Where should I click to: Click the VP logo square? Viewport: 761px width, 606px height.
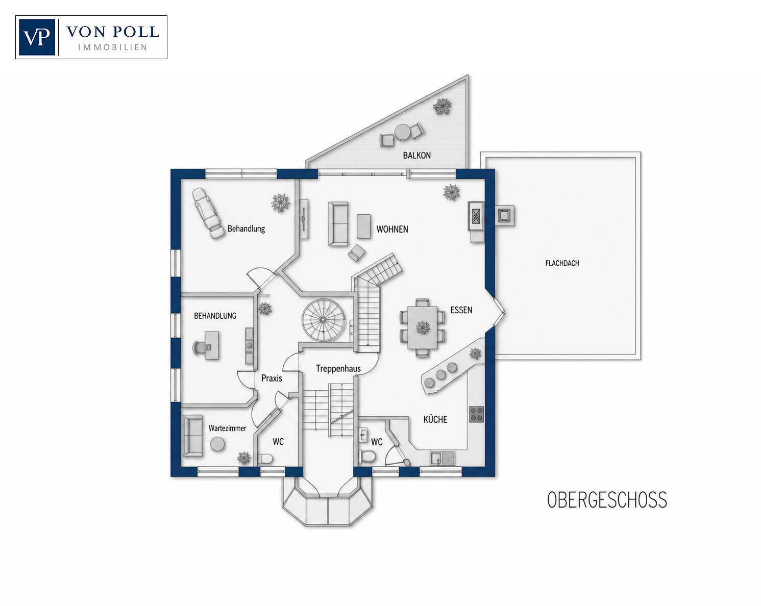[37, 37]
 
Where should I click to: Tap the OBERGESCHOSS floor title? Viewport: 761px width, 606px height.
[607, 499]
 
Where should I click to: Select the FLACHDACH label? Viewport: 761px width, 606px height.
[562, 263]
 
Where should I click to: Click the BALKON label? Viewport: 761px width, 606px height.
[416, 155]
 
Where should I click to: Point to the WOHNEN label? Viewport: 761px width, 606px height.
[392, 229]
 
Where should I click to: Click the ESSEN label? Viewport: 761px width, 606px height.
[461, 310]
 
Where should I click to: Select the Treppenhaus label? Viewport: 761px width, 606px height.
[338, 368]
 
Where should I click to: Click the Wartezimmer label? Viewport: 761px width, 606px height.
[227, 428]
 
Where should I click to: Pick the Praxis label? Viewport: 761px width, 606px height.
[272, 378]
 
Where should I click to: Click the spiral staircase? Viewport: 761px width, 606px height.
[323, 320]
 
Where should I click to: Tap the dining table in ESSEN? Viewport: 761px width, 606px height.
[422, 327]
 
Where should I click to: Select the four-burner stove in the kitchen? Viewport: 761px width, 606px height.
[476, 414]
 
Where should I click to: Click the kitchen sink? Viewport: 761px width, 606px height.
[443, 458]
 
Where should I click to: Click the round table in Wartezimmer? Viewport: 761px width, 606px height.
[217, 444]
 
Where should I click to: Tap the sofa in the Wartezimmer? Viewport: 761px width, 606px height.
[193, 436]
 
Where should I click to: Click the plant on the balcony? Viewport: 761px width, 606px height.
[442, 106]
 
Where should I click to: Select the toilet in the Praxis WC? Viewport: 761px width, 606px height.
[265, 459]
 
